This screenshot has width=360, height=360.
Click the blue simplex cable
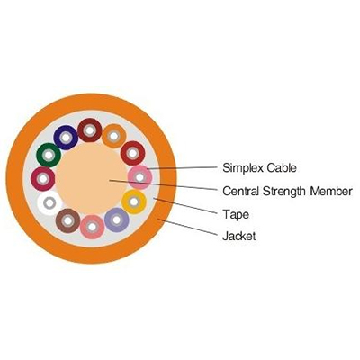(66, 138)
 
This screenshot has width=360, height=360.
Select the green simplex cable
(49, 156)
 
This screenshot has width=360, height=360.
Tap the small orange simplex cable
(113, 136)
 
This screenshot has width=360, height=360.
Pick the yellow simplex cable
(134, 202)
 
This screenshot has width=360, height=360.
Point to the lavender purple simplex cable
(117, 220)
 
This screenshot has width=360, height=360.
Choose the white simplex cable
(49, 203)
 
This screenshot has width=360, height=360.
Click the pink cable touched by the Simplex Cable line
(139, 177)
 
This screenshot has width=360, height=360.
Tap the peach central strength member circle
(92, 179)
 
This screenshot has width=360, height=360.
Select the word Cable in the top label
(283, 167)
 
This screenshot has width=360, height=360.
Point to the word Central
(241, 191)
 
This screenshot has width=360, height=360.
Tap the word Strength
(285, 192)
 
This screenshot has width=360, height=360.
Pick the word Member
(331, 191)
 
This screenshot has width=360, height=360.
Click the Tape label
(236, 215)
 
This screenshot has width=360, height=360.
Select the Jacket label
(239, 236)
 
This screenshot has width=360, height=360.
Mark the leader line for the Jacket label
(187, 227)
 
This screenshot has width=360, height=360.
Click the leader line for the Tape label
(185, 206)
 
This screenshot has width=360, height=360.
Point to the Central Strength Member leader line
(163, 184)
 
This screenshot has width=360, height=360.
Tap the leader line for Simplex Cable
(182, 168)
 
